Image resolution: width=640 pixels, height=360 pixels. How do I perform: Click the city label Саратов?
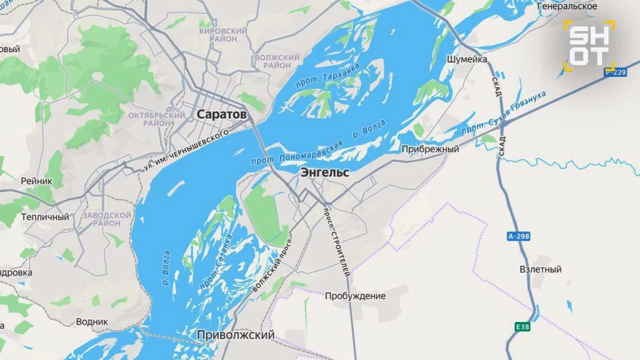click(221, 114)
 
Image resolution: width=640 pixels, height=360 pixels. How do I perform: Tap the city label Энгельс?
click(324, 173)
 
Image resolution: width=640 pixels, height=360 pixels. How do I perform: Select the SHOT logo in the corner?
click(589, 45)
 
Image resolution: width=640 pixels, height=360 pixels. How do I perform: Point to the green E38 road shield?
click(522, 327)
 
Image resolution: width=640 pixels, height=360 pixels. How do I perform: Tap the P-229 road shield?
click(615, 72)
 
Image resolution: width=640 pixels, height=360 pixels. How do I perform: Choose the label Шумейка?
click(466, 59)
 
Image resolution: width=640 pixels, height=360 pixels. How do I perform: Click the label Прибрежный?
click(430, 149)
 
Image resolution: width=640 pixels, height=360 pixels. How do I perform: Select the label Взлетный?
click(540, 269)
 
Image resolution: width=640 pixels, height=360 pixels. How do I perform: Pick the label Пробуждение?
click(355, 296)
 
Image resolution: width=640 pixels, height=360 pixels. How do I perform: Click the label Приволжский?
click(235, 335)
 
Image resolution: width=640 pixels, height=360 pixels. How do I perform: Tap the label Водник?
click(91, 321)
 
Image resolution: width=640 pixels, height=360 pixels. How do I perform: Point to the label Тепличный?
click(45, 217)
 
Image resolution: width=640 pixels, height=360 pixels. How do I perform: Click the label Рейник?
click(36, 181)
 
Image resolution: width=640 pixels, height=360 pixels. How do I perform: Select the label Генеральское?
click(567, 6)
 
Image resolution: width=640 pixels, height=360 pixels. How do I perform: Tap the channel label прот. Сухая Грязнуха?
click(503, 112)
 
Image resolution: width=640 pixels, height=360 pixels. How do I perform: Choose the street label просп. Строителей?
click(338, 242)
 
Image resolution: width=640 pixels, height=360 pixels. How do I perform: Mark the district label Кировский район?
click(223, 35)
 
